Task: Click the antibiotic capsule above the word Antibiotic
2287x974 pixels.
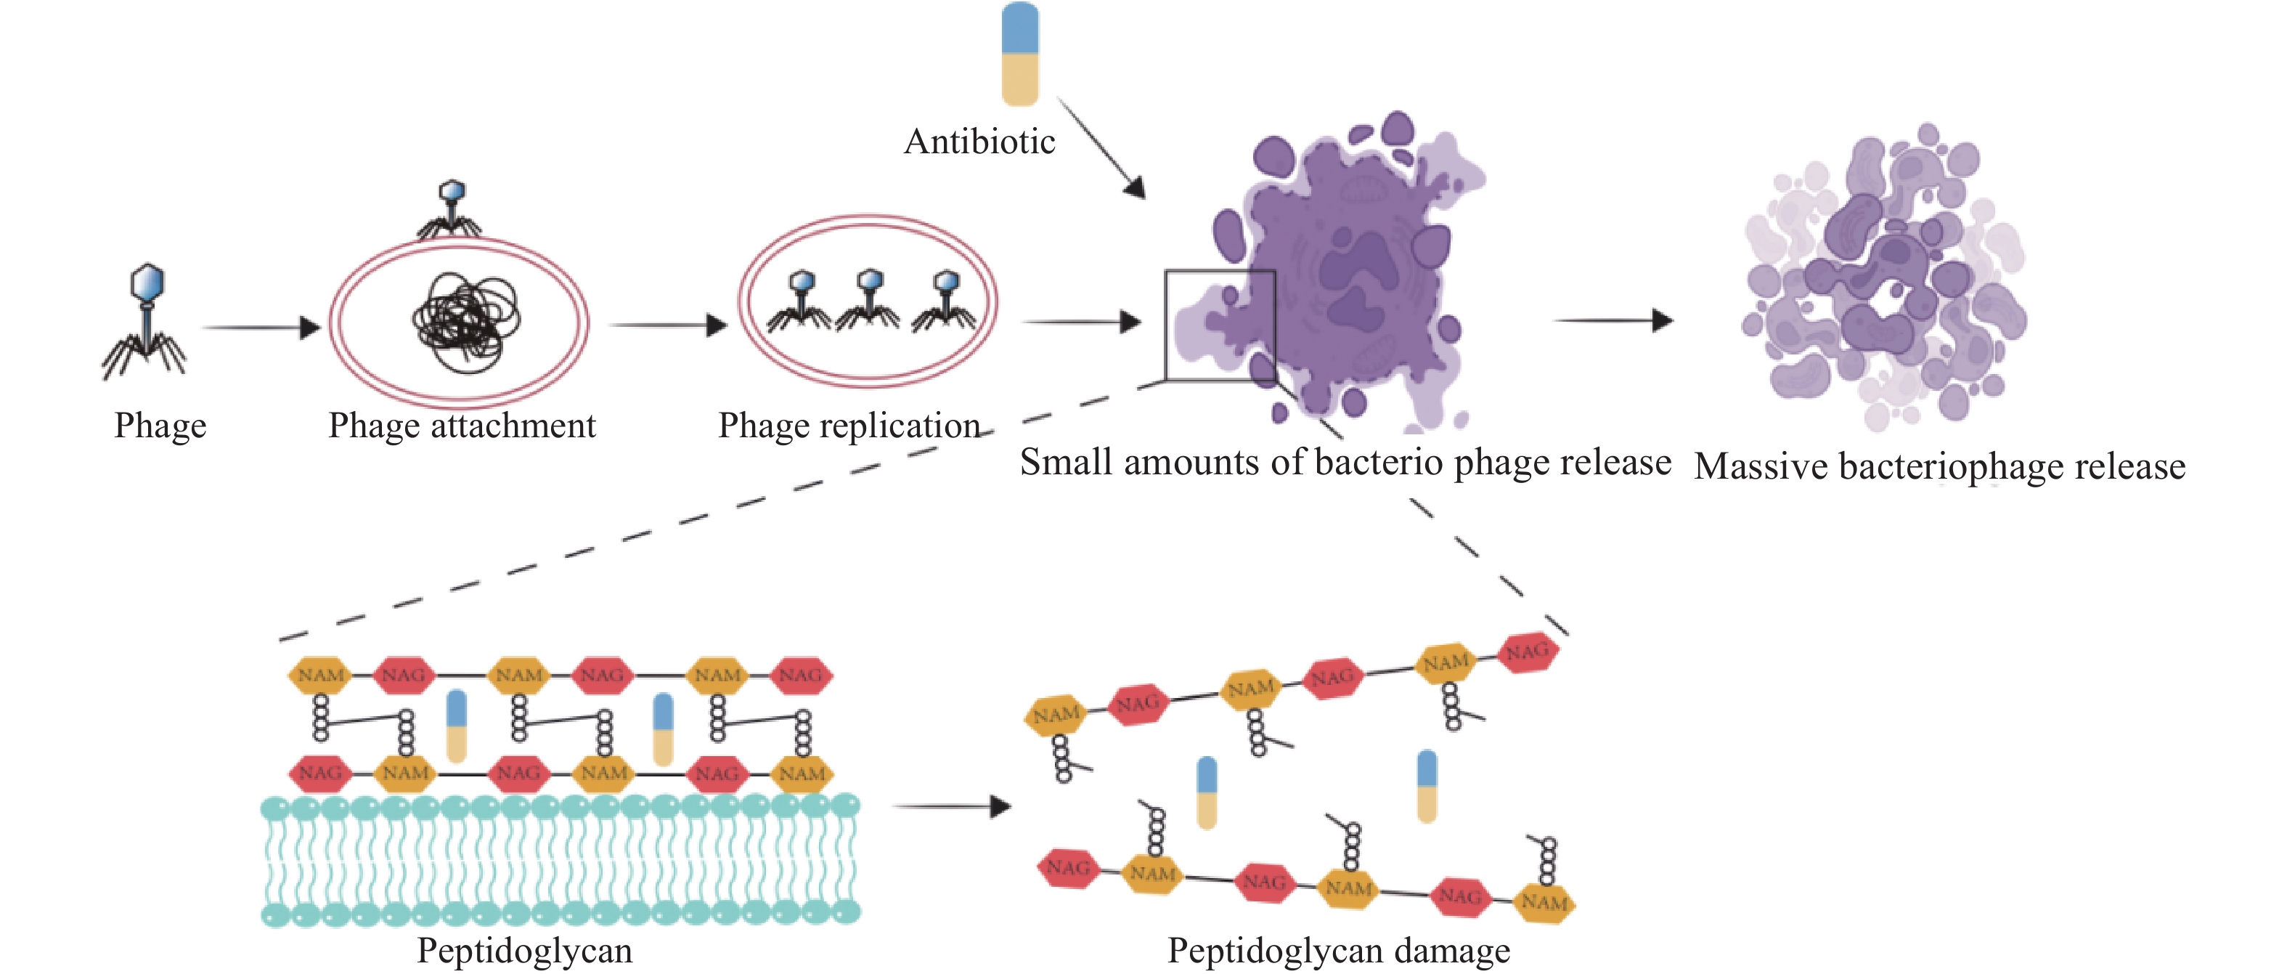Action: click(x=1020, y=53)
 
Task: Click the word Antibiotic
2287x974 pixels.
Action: click(x=979, y=142)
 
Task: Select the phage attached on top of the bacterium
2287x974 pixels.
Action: click(x=451, y=208)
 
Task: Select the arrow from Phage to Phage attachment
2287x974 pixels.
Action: click(x=261, y=328)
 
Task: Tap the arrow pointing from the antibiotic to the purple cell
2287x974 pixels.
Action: click(x=1101, y=148)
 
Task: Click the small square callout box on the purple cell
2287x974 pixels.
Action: click(x=1220, y=326)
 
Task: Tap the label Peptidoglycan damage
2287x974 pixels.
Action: click(x=1338, y=951)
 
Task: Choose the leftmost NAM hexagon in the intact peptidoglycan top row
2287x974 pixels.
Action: click(x=320, y=675)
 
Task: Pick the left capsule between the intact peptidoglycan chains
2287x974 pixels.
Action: click(x=457, y=726)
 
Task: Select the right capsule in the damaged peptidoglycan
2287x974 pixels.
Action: click(x=1427, y=786)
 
